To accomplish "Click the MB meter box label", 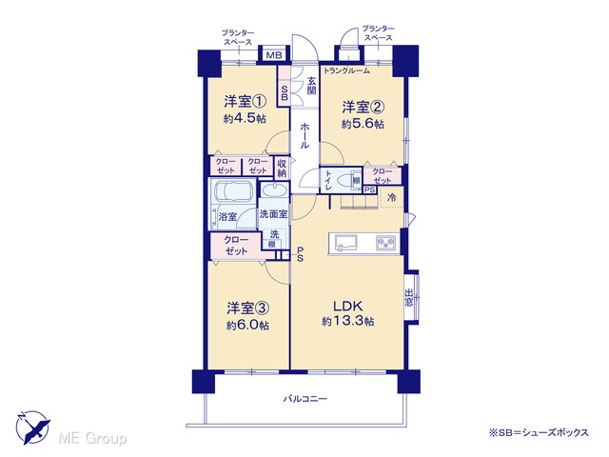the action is click(274, 55).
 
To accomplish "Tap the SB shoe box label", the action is click(284, 92).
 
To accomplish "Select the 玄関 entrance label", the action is click(311, 87).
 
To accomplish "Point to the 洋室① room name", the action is click(246, 102).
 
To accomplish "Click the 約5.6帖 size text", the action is click(363, 124).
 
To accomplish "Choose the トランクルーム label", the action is click(346, 70).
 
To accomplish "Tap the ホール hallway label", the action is click(304, 135).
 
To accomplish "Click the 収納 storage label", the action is click(282, 168).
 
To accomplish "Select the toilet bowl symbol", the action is click(344, 182).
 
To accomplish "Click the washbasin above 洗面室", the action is click(274, 190).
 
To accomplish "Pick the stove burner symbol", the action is click(385, 244).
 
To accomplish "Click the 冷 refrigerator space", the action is click(392, 197).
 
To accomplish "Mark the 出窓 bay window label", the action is click(408, 297).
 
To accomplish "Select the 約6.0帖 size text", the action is click(247, 326).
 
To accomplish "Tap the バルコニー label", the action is click(304, 399).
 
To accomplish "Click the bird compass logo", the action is click(33, 427).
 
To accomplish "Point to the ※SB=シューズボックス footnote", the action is click(539, 432).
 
